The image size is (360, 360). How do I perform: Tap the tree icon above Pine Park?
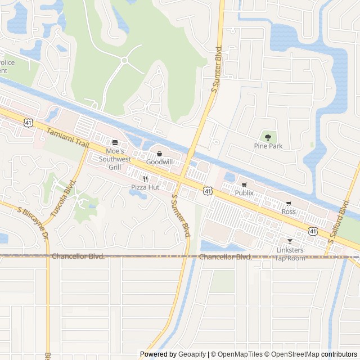click(268, 137)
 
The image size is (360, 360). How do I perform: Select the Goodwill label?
click(159, 162)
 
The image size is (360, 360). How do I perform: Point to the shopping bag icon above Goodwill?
click(159, 154)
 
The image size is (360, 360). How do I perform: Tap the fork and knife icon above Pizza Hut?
click(145, 179)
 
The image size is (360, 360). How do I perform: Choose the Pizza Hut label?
click(145, 187)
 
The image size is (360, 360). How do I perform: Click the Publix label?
click(244, 193)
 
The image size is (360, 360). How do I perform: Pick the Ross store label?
click(289, 211)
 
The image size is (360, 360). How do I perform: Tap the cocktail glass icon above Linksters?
click(290, 241)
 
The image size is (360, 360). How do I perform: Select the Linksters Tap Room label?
click(290, 254)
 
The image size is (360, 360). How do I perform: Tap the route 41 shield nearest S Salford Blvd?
click(312, 231)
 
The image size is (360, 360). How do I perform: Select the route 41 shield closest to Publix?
click(208, 192)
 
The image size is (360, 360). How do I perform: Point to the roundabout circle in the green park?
click(124, 60)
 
